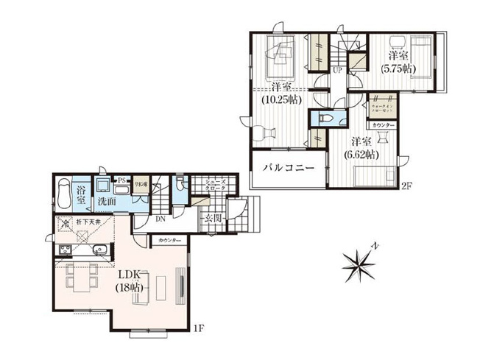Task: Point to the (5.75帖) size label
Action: (x=398, y=68)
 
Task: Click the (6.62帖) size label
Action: (x=361, y=155)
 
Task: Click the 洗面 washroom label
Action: (x=107, y=200)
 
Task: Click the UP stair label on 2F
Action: (x=336, y=71)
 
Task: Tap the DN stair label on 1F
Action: (x=160, y=219)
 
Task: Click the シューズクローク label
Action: (x=215, y=185)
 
